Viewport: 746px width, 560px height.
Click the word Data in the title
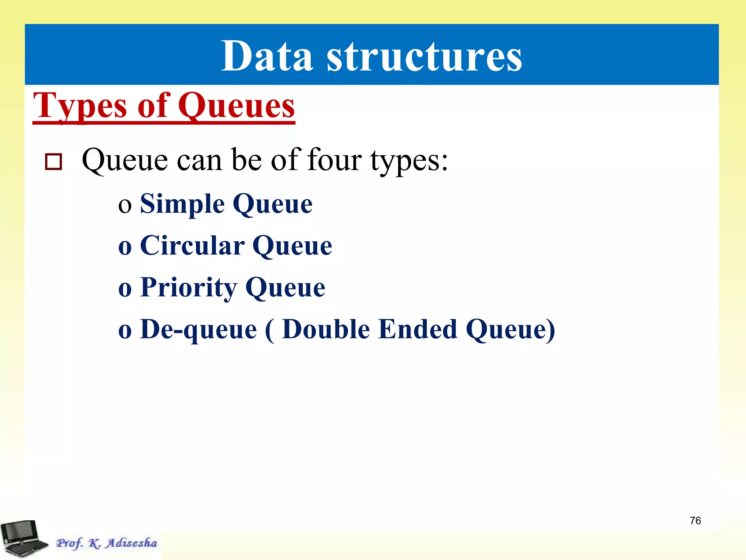[267, 57]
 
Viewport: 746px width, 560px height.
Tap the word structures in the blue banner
[424, 57]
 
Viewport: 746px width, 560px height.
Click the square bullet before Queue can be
[53, 162]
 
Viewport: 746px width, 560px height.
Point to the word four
[334, 160]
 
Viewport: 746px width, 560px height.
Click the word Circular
[192, 246]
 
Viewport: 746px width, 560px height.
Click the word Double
[326, 329]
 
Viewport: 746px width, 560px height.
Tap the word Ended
[417, 329]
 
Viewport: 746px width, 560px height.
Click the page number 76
[695, 521]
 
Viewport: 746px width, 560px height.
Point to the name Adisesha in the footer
[131, 543]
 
